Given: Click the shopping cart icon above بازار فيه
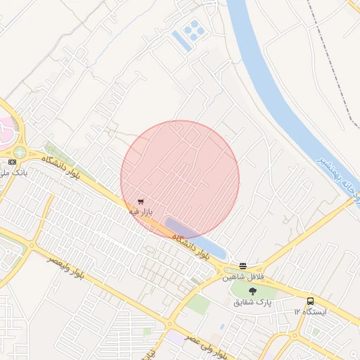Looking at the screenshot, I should tap(141, 201).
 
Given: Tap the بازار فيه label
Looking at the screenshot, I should tap(141, 211).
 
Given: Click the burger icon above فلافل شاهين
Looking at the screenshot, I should tap(243, 266).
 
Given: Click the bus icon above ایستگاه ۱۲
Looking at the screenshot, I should tap(310, 302).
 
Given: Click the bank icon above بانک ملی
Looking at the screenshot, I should tap(11, 162).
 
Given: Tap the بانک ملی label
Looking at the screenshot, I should tap(11, 172).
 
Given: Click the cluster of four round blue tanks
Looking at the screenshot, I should tap(192, 29).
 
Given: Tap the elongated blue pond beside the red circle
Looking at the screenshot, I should tap(197, 239).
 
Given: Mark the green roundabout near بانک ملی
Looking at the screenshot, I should tap(20, 151).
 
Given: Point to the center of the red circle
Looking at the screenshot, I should tap(180, 179).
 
